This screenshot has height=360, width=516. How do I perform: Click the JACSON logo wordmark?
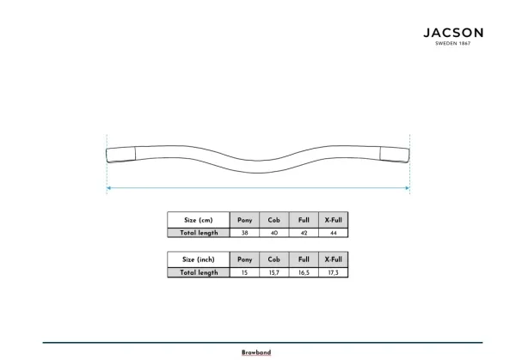pos(453,33)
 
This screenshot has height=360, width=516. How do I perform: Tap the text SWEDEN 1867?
pos(453,43)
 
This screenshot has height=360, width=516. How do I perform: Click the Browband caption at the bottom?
pos(256,352)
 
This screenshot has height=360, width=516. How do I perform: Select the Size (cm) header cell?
pos(199,220)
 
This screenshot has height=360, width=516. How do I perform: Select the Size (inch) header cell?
pos(199,259)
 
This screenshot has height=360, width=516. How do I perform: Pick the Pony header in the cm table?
pos(244,220)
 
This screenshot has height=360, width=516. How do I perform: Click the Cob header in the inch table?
pos(273,259)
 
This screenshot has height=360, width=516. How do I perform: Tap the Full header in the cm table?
pos(304,220)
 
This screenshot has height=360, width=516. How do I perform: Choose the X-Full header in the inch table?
pos(334,259)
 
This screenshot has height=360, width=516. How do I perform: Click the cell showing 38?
pos(244,233)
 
